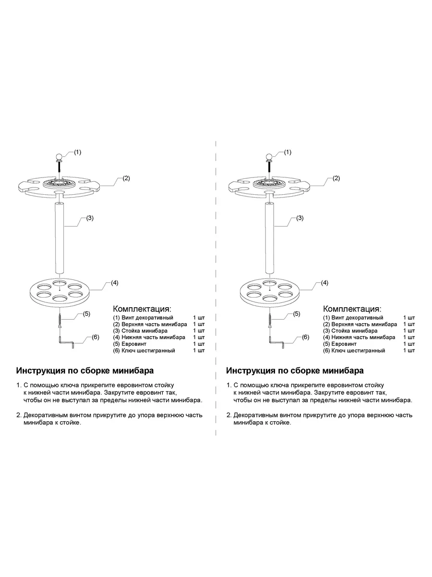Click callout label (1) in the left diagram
click(x=78, y=152)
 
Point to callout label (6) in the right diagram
click(x=305, y=337)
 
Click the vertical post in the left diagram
click(x=59, y=239)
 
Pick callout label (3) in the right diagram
click(x=300, y=218)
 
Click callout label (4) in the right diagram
click(x=324, y=283)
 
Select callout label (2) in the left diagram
click(x=126, y=178)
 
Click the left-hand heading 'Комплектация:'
click(x=142, y=308)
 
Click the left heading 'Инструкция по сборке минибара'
click(x=85, y=371)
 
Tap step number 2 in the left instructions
click(x=18, y=415)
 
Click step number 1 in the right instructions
click(x=228, y=386)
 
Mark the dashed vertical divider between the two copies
click(x=216, y=288)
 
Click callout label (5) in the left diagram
click(x=86, y=314)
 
